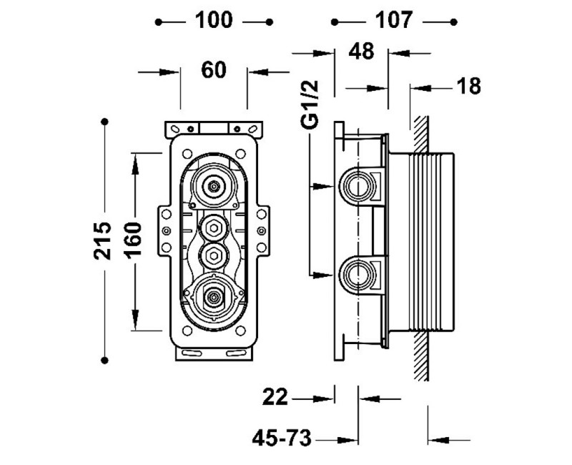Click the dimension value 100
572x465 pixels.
214,21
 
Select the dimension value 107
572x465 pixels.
394,21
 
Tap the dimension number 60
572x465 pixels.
213,70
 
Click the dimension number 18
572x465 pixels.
469,87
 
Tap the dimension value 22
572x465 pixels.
275,398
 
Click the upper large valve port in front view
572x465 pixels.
213,187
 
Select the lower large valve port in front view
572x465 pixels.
213,295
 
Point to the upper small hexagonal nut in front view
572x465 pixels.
213,229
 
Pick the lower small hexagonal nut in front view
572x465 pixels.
213,254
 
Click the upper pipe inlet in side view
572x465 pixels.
355,187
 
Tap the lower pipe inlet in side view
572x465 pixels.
355,275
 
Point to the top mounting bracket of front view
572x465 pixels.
213,129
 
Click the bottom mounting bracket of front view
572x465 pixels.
213,353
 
